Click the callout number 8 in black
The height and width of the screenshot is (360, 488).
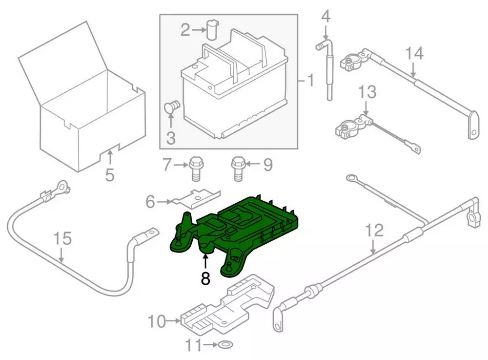click(205, 278)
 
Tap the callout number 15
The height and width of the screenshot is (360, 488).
click(62, 239)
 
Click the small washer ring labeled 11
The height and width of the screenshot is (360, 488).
click(224, 346)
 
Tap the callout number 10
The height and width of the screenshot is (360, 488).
click(158, 321)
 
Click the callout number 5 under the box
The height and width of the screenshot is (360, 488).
click(110, 174)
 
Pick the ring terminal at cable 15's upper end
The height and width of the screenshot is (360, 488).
click(61, 186)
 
